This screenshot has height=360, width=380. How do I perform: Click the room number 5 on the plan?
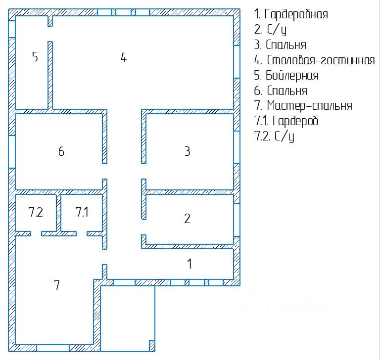[35, 56]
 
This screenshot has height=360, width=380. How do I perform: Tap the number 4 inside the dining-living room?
[124, 57]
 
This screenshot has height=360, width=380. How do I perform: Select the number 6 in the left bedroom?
[61, 151]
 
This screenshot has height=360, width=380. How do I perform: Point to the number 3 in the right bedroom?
[187, 151]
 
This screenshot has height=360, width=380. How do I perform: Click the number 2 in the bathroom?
[187, 219]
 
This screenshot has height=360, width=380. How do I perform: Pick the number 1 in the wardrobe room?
[190, 264]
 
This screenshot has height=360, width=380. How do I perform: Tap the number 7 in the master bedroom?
[57, 285]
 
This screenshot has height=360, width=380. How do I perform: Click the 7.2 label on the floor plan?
[36, 213]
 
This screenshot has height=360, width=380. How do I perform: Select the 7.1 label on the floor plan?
[82, 213]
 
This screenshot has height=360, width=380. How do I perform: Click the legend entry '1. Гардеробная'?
[291, 14]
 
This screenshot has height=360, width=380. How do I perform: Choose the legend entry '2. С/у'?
[270, 29]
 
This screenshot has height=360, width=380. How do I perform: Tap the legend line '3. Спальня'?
[280, 45]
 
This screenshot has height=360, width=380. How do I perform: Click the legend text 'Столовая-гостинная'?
[321, 60]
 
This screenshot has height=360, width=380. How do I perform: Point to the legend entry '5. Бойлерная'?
[286, 76]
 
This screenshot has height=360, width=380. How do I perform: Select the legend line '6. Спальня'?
[281, 91]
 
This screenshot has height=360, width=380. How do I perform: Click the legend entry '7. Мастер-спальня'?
[303, 106]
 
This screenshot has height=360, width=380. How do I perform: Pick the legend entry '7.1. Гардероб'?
[286, 121]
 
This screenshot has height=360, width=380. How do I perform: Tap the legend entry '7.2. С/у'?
[274, 136]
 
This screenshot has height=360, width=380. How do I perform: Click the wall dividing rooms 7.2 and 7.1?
[58, 213]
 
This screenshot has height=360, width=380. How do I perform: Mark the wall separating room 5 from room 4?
[50, 74]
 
